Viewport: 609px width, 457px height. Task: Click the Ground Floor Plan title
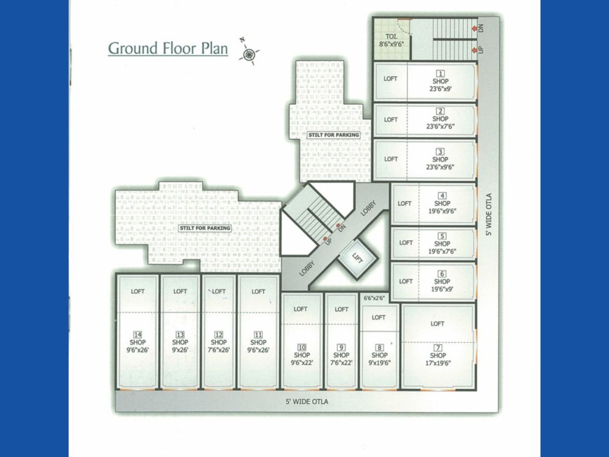(x=168, y=48)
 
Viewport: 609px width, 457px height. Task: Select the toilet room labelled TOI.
(x=391, y=39)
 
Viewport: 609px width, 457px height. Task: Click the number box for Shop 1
(x=440, y=73)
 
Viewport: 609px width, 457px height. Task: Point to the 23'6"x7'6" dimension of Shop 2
(x=440, y=127)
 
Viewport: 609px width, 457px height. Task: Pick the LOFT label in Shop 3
(x=391, y=159)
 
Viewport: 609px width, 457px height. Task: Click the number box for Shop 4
(x=442, y=195)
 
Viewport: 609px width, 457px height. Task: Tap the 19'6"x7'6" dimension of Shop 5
(x=442, y=251)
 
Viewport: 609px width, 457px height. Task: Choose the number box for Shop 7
(x=438, y=348)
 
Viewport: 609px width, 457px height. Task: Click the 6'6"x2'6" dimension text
(x=374, y=298)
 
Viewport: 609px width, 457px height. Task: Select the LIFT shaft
(x=357, y=258)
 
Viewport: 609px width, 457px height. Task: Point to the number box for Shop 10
(x=302, y=348)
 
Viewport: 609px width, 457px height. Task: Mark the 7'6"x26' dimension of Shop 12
(x=219, y=350)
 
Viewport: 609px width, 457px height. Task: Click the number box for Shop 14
(x=137, y=335)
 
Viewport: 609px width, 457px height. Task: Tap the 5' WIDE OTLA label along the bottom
(x=307, y=402)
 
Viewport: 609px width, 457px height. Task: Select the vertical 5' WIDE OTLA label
(x=489, y=214)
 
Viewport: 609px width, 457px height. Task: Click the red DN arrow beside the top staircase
(x=474, y=28)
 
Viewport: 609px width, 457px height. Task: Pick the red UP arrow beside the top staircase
(x=474, y=50)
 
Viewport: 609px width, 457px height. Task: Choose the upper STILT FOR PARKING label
(x=334, y=135)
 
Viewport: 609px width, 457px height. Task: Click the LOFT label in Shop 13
(x=180, y=291)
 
